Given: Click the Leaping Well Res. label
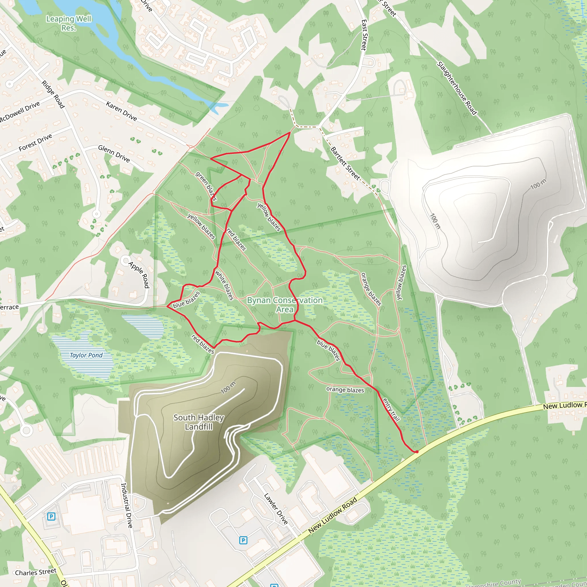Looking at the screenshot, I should click(x=69, y=24).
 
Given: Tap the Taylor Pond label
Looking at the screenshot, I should click(x=86, y=355).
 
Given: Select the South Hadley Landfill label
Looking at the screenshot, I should click(x=199, y=422).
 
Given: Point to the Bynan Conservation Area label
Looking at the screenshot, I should click(x=285, y=304).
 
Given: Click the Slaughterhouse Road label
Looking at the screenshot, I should click(x=457, y=88).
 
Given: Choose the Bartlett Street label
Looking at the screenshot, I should click(x=345, y=163).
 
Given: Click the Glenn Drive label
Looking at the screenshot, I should click(x=114, y=153).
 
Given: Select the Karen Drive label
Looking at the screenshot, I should click(x=122, y=111).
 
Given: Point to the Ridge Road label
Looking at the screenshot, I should click(x=53, y=94).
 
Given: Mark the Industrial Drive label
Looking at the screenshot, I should click(x=127, y=505).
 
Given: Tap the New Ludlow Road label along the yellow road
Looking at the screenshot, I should click(x=333, y=516).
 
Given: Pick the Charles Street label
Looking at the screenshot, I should click(x=36, y=572).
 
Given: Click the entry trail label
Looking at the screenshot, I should click(x=391, y=410).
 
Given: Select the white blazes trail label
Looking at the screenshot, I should click(x=224, y=285).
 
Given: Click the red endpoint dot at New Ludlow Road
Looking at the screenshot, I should click(x=417, y=452).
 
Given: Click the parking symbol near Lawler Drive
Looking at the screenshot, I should click(x=243, y=540).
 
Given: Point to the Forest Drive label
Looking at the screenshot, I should click(x=35, y=143).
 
